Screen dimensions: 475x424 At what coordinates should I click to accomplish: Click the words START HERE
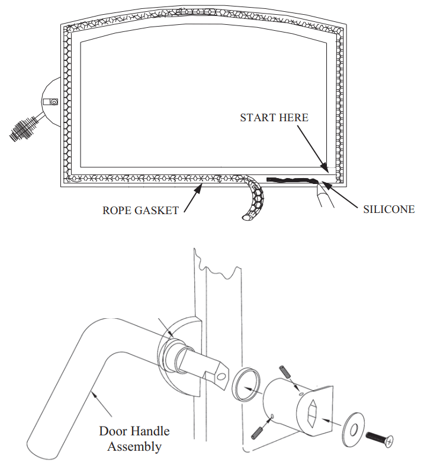pos(274,118)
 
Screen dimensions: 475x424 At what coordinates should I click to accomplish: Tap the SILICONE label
pos(388,209)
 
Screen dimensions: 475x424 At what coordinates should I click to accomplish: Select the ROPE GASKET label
pos(140,211)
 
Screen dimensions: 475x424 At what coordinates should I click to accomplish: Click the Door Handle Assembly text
pos(134,439)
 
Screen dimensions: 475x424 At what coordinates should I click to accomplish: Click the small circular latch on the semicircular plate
pos(54,102)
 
